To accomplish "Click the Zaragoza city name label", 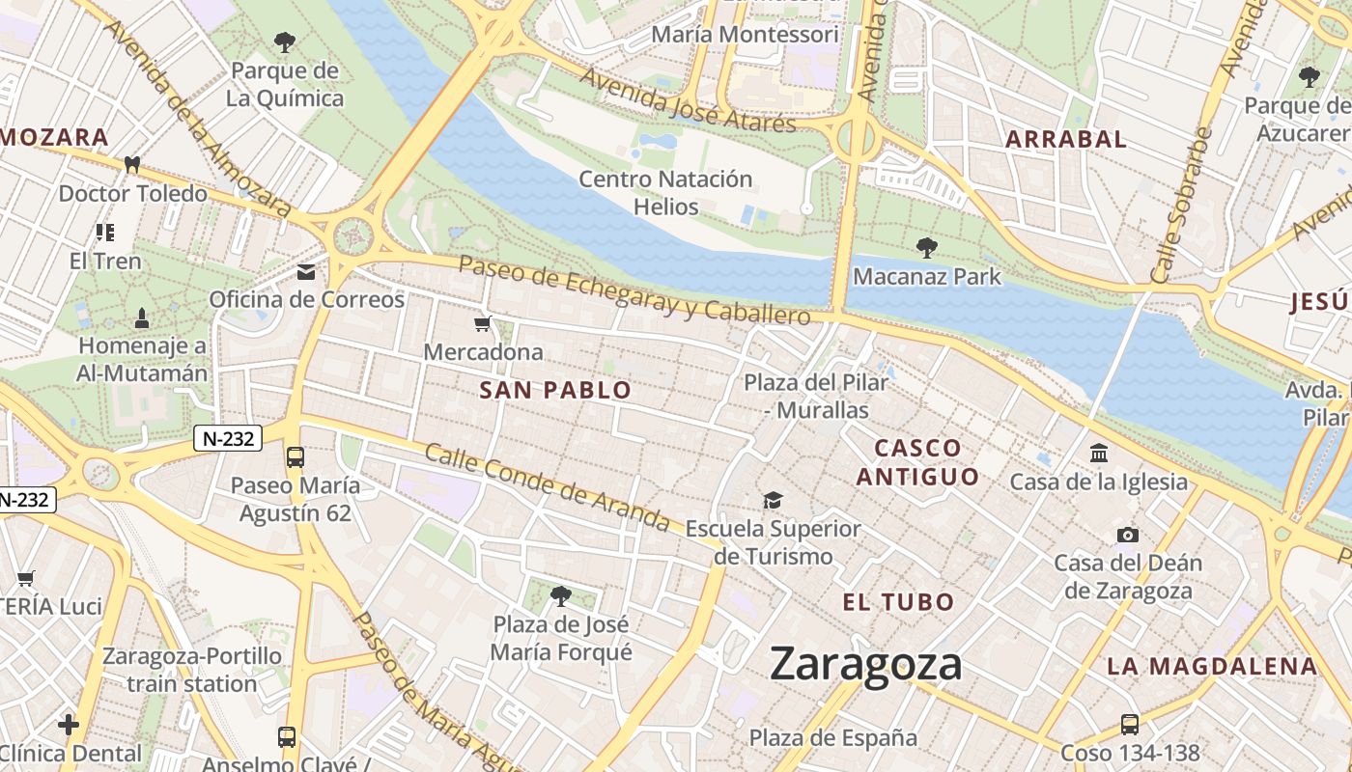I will pyautogui.click(x=865, y=664).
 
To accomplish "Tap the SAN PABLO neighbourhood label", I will pyautogui.click(x=555, y=390).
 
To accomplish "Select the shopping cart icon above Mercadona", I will pyautogui.click(x=483, y=324).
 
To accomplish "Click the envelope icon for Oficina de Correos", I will pyautogui.click(x=306, y=272).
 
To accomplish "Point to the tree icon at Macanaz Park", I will pyautogui.click(x=926, y=248).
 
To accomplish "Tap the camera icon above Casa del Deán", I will pyautogui.click(x=1127, y=535).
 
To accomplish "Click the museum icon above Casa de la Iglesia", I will pyautogui.click(x=1098, y=453).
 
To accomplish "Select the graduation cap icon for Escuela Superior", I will pyautogui.click(x=773, y=500).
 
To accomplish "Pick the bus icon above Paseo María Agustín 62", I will pyautogui.click(x=295, y=456).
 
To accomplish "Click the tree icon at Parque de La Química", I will pyautogui.click(x=285, y=41).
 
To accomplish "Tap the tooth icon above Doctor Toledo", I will pyautogui.click(x=132, y=165).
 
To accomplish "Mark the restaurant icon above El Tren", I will pyautogui.click(x=104, y=233).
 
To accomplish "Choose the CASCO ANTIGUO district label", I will pyautogui.click(x=917, y=461).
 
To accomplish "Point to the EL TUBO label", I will pyautogui.click(x=898, y=602).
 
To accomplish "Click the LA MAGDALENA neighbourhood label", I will pyautogui.click(x=1212, y=665).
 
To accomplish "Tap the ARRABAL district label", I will pyautogui.click(x=1065, y=139).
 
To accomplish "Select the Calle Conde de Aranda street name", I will pyautogui.click(x=547, y=487).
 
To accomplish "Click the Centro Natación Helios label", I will pyautogui.click(x=665, y=192).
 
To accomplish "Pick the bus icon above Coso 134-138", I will pyautogui.click(x=1129, y=725).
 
